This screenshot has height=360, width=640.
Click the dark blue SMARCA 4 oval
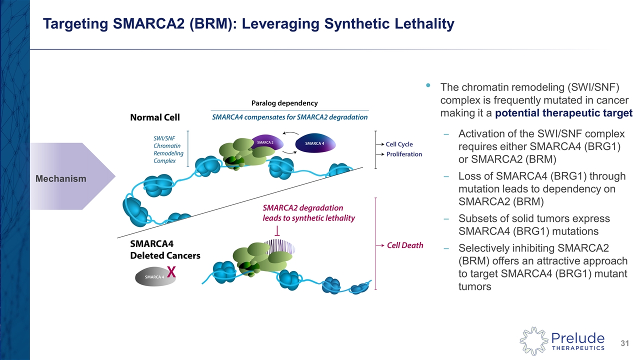tap(314, 143)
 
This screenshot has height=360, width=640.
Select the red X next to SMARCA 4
tap(171, 272)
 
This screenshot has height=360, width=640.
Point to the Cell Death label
tap(405, 245)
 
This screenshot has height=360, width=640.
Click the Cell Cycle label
tap(399, 144)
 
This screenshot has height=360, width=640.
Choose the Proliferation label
tap(404, 154)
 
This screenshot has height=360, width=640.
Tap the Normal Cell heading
tap(155, 117)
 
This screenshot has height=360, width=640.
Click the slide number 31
tap(624, 343)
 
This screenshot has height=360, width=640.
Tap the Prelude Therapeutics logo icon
tap(532, 340)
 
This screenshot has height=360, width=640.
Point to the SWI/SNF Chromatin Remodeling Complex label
tap(168, 148)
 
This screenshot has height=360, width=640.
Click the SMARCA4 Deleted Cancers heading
tap(165, 250)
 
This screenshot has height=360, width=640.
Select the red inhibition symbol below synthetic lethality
tap(276, 231)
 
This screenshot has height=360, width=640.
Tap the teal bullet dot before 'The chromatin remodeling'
tap(428, 86)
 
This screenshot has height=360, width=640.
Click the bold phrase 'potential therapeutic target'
tap(563, 113)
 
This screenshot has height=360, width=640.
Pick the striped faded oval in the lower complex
tap(280, 246)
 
